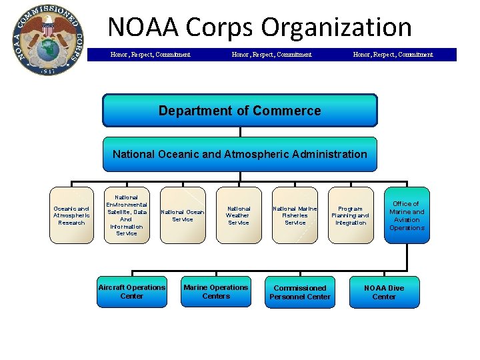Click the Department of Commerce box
239,110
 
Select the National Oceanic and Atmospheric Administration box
239,154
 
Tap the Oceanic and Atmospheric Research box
72,215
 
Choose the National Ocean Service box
183,215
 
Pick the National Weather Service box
238,215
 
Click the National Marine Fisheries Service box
295,215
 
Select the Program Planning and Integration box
351,215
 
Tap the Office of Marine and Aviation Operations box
407,215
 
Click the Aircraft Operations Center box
131,291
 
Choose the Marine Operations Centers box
216,291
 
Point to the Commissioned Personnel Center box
300,292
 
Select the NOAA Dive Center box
384,292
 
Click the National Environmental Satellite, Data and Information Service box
127,215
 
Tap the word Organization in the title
336,27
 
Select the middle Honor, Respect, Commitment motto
271,55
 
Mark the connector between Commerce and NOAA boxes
239,132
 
